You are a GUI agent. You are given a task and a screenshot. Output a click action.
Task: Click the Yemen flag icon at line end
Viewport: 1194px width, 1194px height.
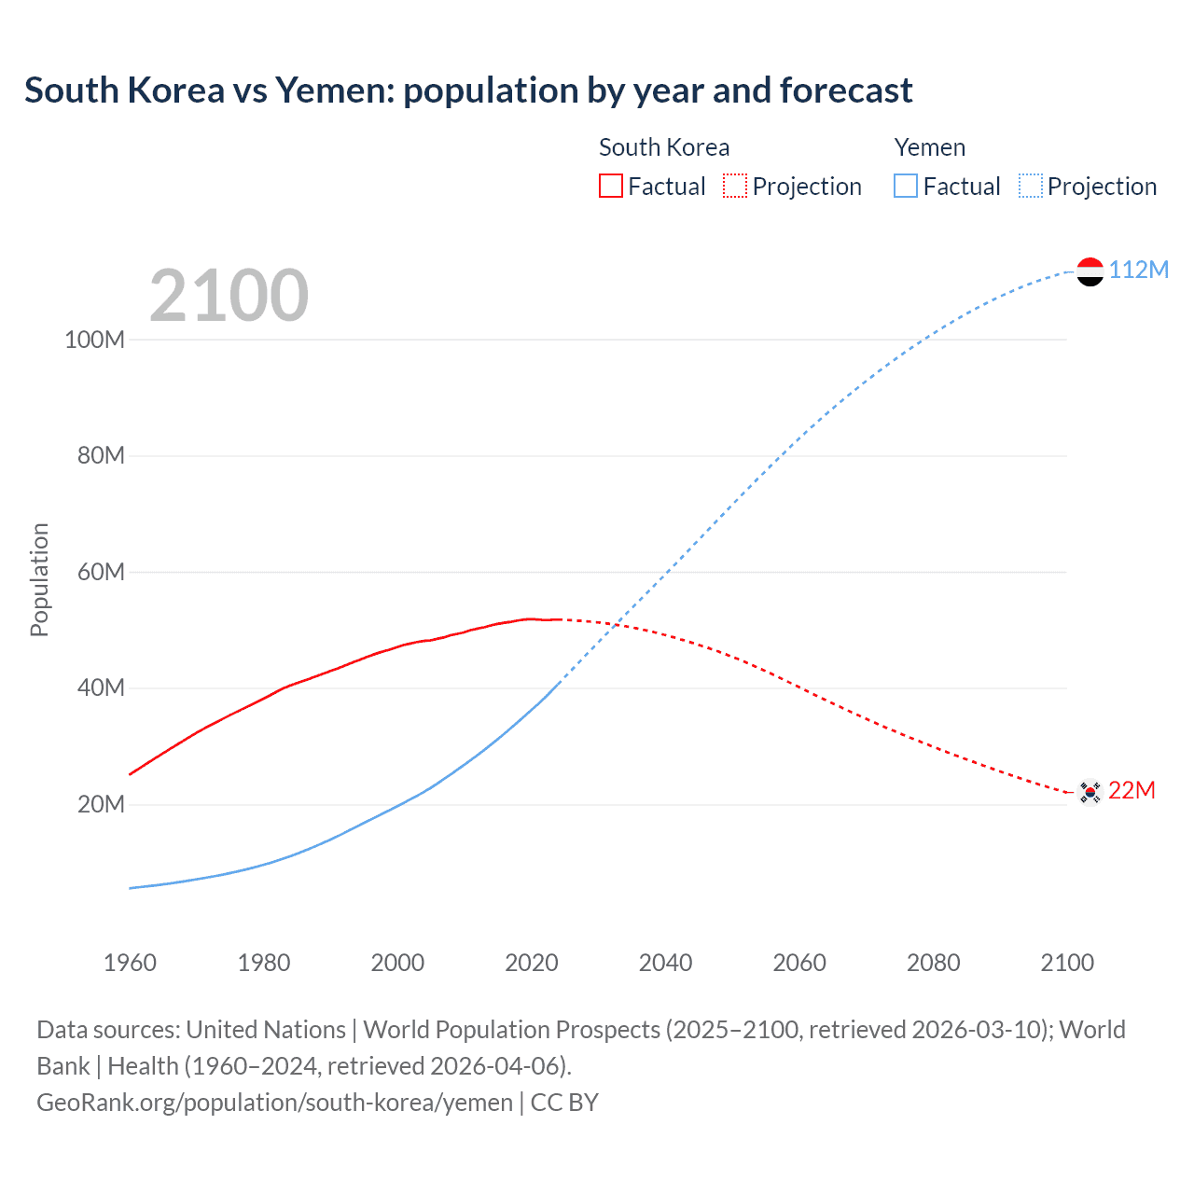1090,271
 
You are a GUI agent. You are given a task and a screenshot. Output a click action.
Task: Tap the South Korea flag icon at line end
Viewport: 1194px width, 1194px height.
1090,792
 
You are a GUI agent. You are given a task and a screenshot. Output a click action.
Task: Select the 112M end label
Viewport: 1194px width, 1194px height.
1138,270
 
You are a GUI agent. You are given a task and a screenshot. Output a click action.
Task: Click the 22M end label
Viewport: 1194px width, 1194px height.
1132,790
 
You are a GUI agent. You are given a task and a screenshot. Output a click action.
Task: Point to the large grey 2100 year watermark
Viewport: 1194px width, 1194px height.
229,296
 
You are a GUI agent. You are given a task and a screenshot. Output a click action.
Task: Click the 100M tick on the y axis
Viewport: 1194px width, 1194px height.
94,340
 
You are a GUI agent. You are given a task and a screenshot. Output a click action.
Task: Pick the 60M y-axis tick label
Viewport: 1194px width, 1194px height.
100,572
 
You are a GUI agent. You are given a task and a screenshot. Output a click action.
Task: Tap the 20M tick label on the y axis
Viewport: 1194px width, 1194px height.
100,804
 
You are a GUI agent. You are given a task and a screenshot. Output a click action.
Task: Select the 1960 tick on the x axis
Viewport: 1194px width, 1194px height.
130,963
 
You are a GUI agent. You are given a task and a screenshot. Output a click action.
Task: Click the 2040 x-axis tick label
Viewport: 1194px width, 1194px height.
665,963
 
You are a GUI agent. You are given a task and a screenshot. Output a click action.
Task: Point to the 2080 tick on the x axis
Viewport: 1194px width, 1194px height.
933,963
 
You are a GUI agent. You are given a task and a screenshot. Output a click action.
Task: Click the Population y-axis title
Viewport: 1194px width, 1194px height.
39,579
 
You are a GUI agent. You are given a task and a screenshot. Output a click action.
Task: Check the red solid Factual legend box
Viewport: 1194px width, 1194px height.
610,186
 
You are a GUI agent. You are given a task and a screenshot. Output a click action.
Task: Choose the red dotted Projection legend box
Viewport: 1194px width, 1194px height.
735,186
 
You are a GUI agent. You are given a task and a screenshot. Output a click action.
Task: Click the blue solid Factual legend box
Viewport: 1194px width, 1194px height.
905,186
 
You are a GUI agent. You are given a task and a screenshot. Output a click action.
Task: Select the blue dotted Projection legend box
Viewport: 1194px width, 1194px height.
1030,186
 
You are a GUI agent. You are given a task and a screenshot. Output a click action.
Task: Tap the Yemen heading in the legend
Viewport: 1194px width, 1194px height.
929,147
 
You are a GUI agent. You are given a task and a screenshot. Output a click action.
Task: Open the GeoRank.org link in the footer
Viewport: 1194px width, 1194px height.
274,1103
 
